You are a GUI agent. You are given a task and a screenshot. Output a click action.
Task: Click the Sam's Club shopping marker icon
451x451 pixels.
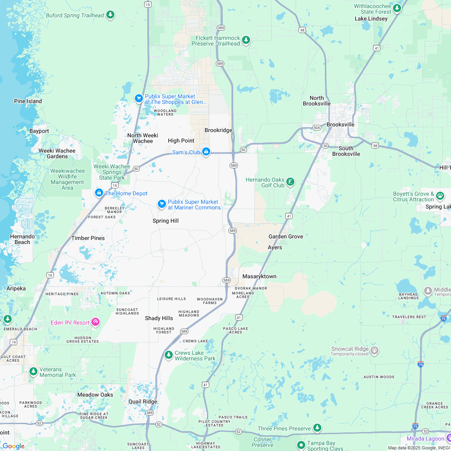pyautogui.click(x=206, y=152)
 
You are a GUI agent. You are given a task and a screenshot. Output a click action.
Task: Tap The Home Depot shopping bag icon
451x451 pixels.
pyautogui.click(x=99, y=193)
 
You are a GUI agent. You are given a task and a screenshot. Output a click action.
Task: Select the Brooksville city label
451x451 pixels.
pyautogui.click(x=340, y=124)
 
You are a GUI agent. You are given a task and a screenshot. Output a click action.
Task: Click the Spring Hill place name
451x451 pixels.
pyautogui.click(x=166, y=221)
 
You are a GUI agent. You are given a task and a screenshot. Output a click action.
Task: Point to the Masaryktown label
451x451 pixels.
pyautogui.click(x=259, y=276)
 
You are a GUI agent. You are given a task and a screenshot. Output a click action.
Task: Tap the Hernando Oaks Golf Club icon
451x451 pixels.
pyautogui.click(x=290, y=182)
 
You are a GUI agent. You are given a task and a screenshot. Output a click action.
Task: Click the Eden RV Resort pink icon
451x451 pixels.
pyautogui.click(x=95, y=321)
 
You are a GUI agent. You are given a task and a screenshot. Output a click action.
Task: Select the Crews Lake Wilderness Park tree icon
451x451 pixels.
pyautogui.click(x=169, y=355)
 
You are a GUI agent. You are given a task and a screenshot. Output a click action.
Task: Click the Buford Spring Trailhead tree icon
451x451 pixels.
pyautogui.click(x=110, y=15)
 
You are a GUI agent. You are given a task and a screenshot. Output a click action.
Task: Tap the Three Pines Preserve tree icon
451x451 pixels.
pyautogui.click(x=318, y=428)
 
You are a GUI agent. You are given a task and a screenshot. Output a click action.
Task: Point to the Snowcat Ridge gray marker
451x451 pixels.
pyautogui.click(x=374, y=350)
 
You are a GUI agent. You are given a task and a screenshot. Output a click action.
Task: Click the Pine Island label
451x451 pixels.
pyautogui.click(x=28, y=101)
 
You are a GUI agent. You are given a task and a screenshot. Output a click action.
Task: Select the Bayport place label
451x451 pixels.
pyautogui.click(x=39, y=131)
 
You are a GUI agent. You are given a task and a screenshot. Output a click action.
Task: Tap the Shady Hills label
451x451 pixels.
pyautogui.click(x=159, y=318)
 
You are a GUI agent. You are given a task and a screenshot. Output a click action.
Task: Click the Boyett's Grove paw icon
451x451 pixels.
pyautogui.click(x=440, y=196)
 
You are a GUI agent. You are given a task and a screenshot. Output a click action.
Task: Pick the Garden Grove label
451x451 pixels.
pyautogui.click(x=285, y=236)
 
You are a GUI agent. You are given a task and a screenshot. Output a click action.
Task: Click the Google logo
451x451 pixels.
pyautogui.click(x=13, y=446)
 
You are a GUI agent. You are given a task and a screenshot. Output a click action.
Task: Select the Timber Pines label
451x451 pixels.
pyautogui.click(x=88, y=238)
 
